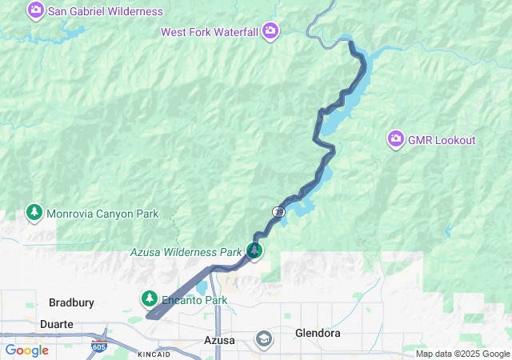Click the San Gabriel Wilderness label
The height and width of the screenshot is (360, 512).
click(x=106, y=12)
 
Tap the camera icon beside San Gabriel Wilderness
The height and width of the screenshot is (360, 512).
click(x=36, y=11)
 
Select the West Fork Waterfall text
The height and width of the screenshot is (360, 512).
click(x=209, y=32)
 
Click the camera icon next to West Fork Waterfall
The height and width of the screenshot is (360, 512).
click(x=270, y=31)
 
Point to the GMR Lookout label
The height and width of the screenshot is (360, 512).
click(x=442, y=140)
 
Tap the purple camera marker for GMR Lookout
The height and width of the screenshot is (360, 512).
click(x=395, y=140)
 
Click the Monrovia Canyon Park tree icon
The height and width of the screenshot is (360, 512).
click(x=34, y=213)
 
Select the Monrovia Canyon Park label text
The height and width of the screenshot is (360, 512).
click(x=102, y=214)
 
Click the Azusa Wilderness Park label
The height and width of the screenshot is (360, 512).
click(x=186, y=252)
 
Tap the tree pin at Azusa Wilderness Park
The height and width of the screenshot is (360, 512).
click(x=254, y=251)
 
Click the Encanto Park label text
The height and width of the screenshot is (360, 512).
click(x=194, y=300)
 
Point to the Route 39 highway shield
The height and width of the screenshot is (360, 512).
click(x=278, y=211)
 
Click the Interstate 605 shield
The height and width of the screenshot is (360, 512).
click(x=98, y=347)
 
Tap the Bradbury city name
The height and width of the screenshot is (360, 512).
click(x=71, y=302)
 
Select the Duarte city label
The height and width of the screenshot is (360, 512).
click(x=57, y=324)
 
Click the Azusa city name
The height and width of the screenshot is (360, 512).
click(x=219, y=340)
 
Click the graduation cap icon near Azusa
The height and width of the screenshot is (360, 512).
click(x=262, y=339)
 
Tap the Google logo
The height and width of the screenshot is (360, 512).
click(x=26, y=350)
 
